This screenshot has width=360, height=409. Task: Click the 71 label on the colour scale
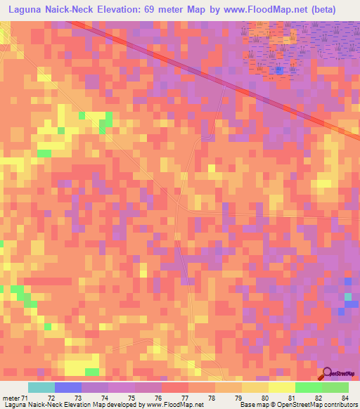(x=26, y=398)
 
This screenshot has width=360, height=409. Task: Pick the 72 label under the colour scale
(x=51, y=398)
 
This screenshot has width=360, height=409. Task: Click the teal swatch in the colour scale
(x=41, y=387)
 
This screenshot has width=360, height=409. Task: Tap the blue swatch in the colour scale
(x=68, y=387)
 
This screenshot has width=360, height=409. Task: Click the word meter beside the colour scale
(x=11, y=398)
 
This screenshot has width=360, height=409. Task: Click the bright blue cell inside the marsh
(x=280, y=70)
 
